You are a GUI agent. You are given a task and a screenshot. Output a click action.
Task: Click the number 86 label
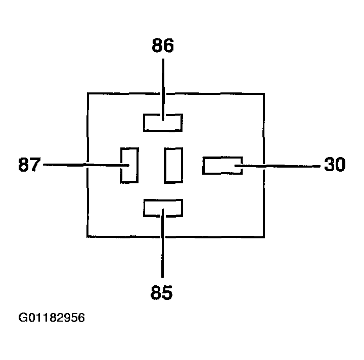coord(163,46)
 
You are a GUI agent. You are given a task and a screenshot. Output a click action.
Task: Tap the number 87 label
coord(29,165)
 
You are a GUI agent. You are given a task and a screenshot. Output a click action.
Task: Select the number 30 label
coord(335,165)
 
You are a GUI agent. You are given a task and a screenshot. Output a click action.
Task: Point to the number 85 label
coord(162,292)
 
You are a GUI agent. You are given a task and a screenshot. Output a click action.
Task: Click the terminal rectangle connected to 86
coord(163,123)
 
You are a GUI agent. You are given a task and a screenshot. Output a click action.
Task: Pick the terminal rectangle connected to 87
coord(129,165)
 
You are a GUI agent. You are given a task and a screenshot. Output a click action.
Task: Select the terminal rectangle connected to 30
coord(222,166)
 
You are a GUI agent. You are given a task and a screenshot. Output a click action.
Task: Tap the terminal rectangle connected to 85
coord(163,208)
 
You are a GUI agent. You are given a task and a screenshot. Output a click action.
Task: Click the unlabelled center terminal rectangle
coord(173,165)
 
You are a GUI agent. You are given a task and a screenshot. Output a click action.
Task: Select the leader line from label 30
coord(283,165)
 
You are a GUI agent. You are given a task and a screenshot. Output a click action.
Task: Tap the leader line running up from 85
coord(163,247)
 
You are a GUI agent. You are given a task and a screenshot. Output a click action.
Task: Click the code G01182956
coord(52,319)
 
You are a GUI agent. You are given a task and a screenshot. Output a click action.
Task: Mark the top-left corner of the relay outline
coord(88,93)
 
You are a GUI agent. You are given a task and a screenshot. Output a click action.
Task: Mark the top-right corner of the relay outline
coord(264,93)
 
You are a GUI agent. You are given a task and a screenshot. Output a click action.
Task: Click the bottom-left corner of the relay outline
coord(88,236)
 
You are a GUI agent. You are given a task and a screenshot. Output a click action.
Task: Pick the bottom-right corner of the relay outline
coord(264,236)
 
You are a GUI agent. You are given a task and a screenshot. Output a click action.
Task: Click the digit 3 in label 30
coord(329,165)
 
